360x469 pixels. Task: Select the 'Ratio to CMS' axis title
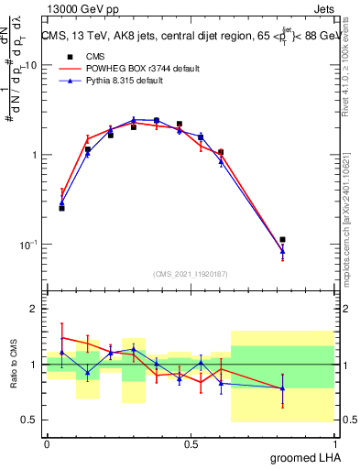(16, 365)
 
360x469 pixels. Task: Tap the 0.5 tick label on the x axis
(191, 443)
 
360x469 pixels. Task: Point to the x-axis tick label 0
(47, 443)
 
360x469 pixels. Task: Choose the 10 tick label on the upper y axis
(30, 65)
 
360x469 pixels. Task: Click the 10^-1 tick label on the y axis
(28, 245)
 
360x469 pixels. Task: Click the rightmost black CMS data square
(283, 240)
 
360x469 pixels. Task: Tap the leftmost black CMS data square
(61, 208)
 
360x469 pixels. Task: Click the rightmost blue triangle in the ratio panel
(283, 388)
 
